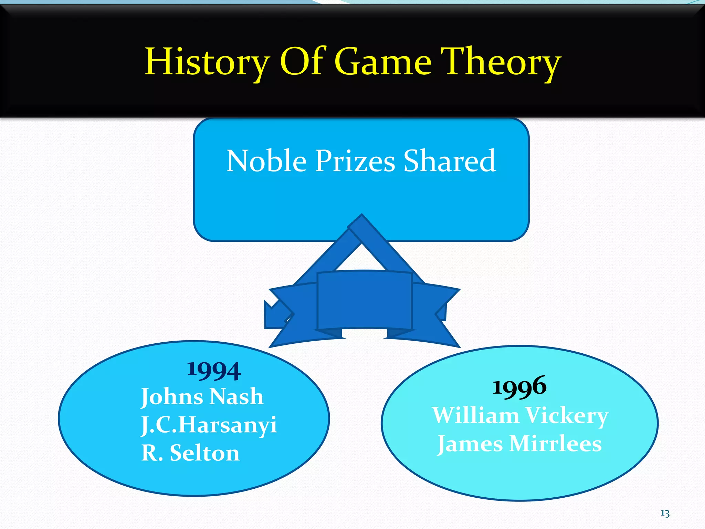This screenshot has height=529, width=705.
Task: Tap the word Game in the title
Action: tap(383, 62)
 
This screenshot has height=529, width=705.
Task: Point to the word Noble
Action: tap(266, 161)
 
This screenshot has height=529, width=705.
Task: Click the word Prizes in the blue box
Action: tap(355, 161)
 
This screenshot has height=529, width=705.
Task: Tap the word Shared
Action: tap(449, 161)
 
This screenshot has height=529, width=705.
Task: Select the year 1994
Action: tap(214, 371)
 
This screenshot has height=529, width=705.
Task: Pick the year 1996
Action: tap(519, 386)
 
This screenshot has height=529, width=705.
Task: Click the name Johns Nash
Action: tap(202, 397)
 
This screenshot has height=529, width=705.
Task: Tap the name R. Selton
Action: tap(190, 453)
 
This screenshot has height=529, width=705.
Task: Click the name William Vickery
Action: tap(520, 415)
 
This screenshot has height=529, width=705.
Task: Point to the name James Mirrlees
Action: tap(519, 444)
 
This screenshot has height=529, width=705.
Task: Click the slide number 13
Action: tap(665, 514)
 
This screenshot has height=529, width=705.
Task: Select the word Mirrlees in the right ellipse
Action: tap(555, 444)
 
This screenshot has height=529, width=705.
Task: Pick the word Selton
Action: tap(205, 453)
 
